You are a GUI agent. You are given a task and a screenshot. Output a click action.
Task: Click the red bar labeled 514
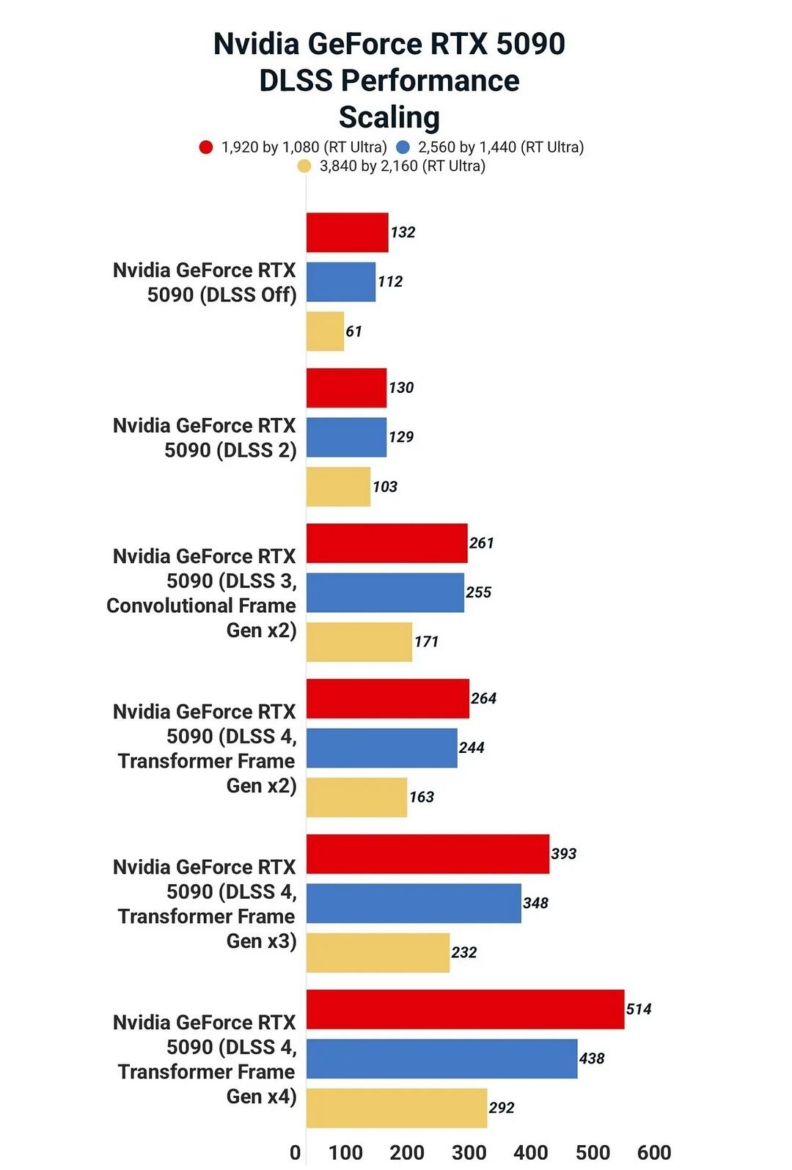click(x=465, y=1009)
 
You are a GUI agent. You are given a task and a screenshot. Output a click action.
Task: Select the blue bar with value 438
click(x=441, y=1058)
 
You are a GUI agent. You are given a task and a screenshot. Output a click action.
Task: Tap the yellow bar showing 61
click(x=325, y=331)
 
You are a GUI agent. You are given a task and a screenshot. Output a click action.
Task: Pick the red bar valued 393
click(x=428, y=853)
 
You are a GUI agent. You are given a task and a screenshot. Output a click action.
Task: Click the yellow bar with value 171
click(x=359, y=641)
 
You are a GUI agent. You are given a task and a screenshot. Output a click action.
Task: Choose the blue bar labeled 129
click(x=346, y=437)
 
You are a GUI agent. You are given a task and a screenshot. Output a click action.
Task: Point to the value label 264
click(x=483, y=698)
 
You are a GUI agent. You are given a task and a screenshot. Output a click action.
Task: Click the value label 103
click(x=385, y=487)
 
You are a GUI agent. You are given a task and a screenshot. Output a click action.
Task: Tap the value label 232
click(x=464, y=952)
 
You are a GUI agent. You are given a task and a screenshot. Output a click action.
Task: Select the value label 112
click(x=390, y=282)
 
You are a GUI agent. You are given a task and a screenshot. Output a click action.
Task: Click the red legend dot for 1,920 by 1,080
click(x=206, y=147)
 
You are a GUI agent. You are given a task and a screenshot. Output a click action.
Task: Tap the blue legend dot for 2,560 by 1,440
click(x=403, y=147)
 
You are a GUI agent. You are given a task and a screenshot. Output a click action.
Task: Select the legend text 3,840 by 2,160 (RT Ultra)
click(x=402, y=166)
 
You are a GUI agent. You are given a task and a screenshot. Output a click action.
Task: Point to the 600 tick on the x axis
click(x=654, y=1152)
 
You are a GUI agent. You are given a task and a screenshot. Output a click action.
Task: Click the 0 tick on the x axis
click(x=295, y=1152)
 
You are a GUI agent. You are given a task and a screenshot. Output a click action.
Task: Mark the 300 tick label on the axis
click(x=469, y=1152)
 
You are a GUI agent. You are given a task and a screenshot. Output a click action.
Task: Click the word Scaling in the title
click(x=389, y=117)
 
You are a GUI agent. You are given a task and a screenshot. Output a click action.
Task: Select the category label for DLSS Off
click(x=205, y=282)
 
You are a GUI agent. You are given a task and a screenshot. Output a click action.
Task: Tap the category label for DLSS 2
click(x=205, y=438)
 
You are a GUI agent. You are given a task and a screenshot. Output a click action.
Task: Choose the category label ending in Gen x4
click(x=205, y=1059)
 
